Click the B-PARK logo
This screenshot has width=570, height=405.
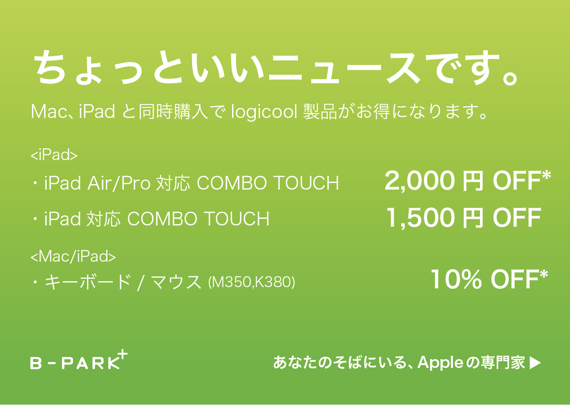point(79,360)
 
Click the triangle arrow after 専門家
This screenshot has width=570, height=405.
point(535,363)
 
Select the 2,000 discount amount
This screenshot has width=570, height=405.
point(420,181)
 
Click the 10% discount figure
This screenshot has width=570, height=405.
point(456,280)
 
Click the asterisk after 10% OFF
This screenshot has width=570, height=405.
point(543,275)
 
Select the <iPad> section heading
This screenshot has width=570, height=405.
point(54,155)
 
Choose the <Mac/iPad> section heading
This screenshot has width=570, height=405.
point(73,256)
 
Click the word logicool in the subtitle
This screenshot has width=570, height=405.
point(264,112)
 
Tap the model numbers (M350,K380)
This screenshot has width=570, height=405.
point(252,282)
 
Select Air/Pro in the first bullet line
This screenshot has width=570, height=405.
point(119,182)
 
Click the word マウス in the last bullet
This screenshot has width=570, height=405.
point(176,282)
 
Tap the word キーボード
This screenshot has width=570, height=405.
point(88,282)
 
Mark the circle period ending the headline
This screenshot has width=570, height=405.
point(510,77)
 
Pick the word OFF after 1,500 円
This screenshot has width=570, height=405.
point(517,218)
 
